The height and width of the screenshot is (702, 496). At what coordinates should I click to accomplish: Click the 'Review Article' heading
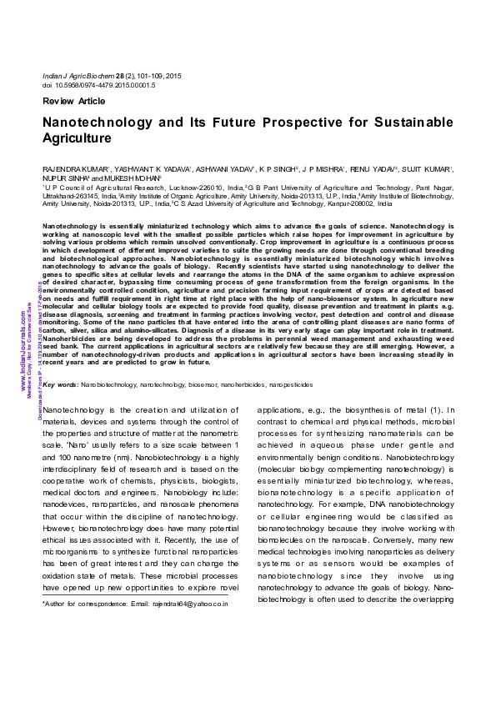(x=73, y=101)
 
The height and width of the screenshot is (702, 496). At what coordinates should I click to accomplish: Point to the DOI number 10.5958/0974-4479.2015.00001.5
(x=108, y=85)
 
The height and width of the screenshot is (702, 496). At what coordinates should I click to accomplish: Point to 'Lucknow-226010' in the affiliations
(x=216, y=189)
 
